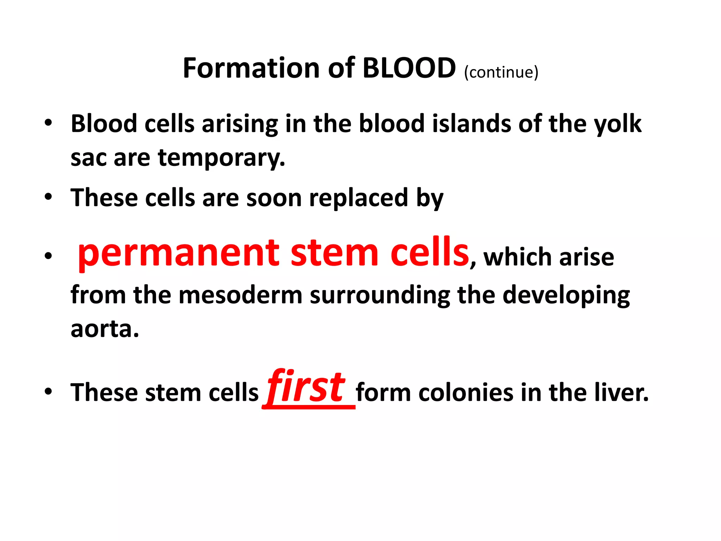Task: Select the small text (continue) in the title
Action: pyautogui.click(x=501, y=72)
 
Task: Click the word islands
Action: pyautogui.click(x=471, y=124)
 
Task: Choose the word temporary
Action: pyautogui.click(x=221, y=158)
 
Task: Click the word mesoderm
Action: pyautogui.click(x=240, y=295)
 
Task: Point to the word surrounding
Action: pyautogui.click(x=380, y=295)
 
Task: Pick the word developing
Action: pyautogui.click(x=566, y=295)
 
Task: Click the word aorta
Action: pyautogui.click(x=105, y=329)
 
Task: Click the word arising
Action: pyautogui.click(x=239, y=124)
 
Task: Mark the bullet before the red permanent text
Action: pyautogui.click(x=48, y=256)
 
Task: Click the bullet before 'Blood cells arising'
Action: pyautogui.click(x=48, y=123)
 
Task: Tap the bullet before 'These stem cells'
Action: pyautogui.click(x=48, y=391)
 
